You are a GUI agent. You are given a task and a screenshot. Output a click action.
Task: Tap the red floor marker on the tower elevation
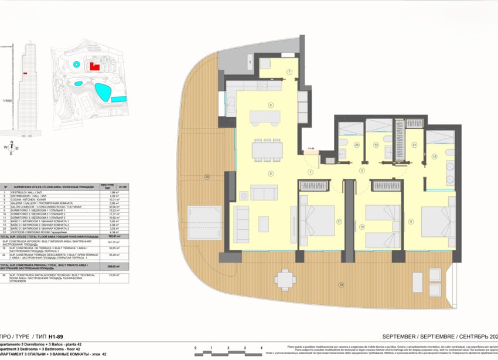pos(25,73)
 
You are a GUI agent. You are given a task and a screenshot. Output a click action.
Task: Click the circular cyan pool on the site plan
pos(76,63)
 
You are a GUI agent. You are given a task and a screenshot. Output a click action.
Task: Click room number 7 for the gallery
pos(289,72)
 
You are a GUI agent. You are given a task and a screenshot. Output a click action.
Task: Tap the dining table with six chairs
pos(267,150)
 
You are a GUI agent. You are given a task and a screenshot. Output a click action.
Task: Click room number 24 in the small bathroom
pos(340,144)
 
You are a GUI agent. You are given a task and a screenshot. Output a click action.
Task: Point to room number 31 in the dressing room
pos(414,145)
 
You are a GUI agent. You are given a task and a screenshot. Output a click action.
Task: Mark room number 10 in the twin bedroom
pos(362,226)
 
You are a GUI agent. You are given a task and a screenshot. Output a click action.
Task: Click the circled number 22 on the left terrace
pos(207,176)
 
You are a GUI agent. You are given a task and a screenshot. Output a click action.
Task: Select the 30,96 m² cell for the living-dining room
pos(106,208)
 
